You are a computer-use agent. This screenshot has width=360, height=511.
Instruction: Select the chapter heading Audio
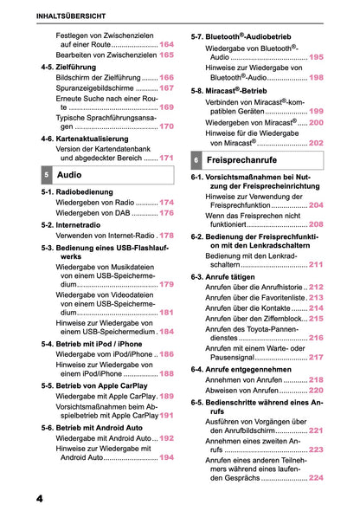69,174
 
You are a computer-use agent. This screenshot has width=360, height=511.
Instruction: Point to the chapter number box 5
45,174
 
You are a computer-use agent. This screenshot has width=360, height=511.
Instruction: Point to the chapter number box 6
196,161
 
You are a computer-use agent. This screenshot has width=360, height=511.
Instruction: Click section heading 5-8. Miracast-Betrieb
229,90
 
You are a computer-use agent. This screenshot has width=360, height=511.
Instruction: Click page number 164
166,43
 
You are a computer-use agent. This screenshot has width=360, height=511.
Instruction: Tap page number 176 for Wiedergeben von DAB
166,213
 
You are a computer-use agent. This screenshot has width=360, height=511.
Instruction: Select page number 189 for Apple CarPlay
166,396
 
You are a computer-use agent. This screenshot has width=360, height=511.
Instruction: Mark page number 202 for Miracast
316,143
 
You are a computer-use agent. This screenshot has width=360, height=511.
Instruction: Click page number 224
316,478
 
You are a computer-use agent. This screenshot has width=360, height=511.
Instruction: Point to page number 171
166,158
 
